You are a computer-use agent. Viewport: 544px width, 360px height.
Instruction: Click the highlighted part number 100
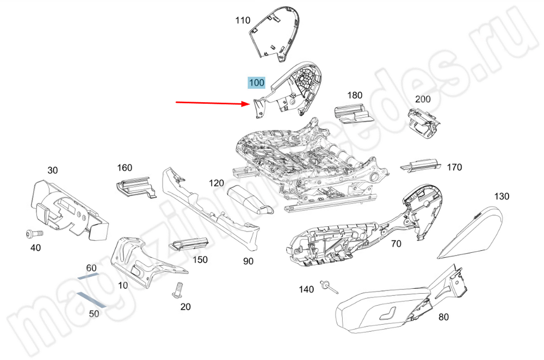[256, 83]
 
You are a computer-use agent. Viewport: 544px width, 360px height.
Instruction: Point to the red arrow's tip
[248, 103]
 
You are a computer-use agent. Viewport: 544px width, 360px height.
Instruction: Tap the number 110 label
[243, 21]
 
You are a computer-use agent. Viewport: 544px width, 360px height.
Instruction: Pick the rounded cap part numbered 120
[249, 199]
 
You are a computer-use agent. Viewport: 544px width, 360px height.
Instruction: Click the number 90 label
[248, 262]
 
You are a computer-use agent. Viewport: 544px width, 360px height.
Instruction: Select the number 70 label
[396, 244]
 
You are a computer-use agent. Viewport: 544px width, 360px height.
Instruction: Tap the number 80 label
[443, 317]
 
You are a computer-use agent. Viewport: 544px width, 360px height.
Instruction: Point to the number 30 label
[52, 170]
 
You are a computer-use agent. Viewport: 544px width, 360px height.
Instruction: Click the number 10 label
[123, 285]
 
